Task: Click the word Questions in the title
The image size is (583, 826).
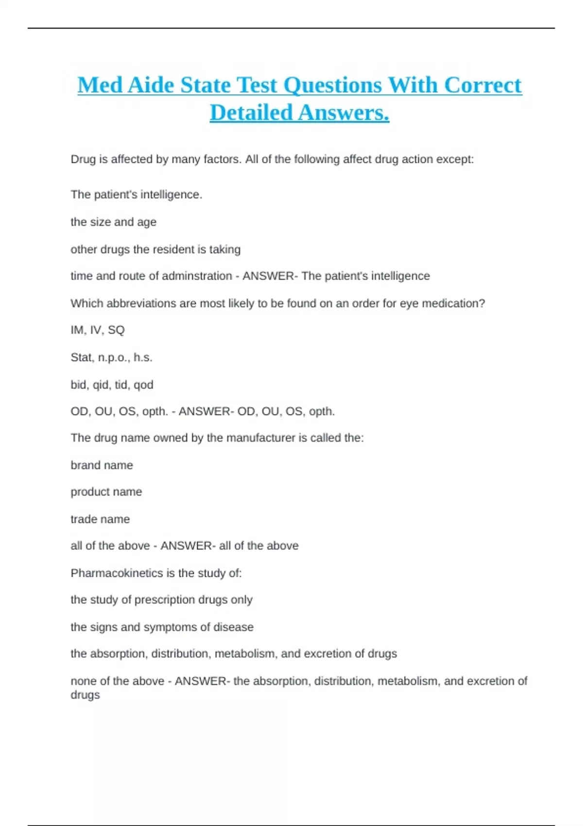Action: click(333, 86)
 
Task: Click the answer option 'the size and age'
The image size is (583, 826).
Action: click(113, 222)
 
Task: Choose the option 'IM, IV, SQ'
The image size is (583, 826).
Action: click(98, 330)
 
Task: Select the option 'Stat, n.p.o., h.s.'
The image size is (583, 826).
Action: click(111, 358)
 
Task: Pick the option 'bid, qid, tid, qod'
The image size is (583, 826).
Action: click(112, 385)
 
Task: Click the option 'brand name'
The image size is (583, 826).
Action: click(102, 465)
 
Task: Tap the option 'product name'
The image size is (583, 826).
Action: click(106, 492)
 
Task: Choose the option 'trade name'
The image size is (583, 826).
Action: click(100, 519)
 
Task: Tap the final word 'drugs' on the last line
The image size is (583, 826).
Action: click(85, 695)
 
